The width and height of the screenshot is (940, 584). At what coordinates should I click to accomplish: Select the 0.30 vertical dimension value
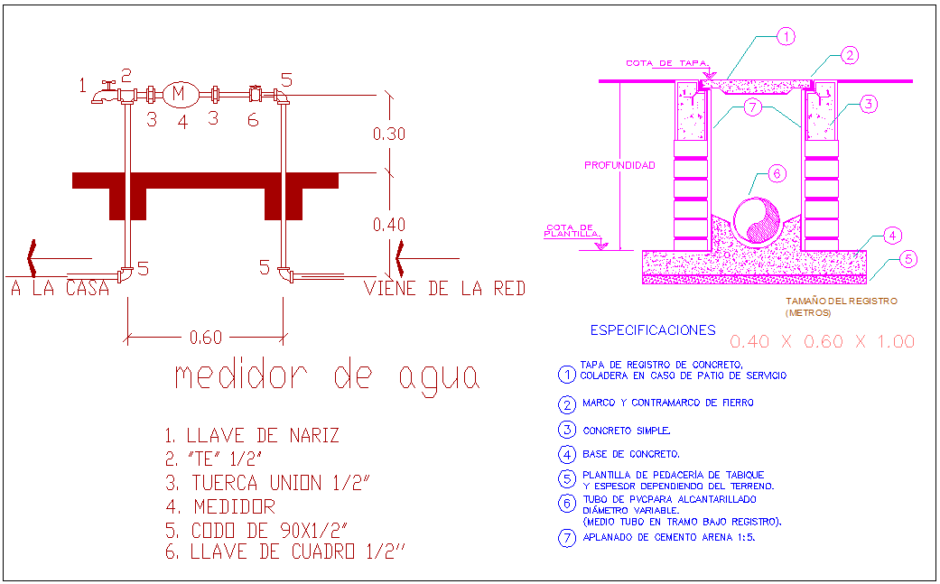[x=389, y=134]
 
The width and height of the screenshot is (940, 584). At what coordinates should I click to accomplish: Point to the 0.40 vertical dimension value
[x=389, y=225]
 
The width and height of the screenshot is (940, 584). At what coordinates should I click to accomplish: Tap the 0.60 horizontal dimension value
[x=205, y=338]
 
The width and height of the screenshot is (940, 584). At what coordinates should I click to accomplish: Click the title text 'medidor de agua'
[x=326, y=375]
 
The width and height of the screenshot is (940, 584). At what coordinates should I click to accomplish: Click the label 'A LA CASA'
[x=60, y=289]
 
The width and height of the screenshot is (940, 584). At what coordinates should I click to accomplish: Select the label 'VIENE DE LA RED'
[x=444, y=289]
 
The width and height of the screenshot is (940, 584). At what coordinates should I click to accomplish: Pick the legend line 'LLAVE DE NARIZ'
[x=252, y=436]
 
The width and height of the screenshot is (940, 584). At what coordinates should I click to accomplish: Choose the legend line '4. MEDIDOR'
[x=219, y=506]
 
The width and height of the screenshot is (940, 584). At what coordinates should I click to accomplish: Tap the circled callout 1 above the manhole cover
[x=786, y=37]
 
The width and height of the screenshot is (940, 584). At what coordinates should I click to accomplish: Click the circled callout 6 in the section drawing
[x=777, y=172]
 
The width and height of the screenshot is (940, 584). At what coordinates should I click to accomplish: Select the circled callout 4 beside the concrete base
[x=891, y=236]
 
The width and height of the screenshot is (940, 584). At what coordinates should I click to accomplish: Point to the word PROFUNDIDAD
[x=619, y=165]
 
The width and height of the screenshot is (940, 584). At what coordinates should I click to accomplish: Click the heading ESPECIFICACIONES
[x=652, y=330]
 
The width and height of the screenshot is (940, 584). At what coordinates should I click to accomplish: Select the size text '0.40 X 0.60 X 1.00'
[x=822, y=341]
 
